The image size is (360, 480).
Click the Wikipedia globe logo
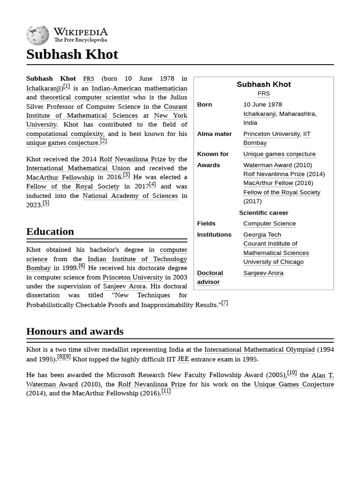(37, 35)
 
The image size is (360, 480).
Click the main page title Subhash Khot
(72, 54)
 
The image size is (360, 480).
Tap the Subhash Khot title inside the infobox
(263, 84)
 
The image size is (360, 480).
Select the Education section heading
(50, 232)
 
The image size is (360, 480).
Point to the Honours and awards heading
(75, 331)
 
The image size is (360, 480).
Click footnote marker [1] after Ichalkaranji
(67, 86)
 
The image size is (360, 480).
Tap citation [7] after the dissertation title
(225, 303)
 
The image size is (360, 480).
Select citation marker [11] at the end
(166, 391)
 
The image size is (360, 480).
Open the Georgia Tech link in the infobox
(262, 234)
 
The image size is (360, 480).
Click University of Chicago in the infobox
(273, 262)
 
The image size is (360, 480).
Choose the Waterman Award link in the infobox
(268, 165)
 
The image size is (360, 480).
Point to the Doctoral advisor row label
(210, 277)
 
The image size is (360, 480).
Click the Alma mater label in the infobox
(214, 134)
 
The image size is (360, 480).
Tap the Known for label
(213, 154)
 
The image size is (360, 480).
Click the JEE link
(183, 359)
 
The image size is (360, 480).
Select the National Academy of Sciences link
(130, 195)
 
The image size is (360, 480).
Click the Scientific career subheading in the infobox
(263, 212)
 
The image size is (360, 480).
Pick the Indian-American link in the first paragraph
(116, 88)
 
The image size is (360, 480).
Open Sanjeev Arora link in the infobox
(263, 273)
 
